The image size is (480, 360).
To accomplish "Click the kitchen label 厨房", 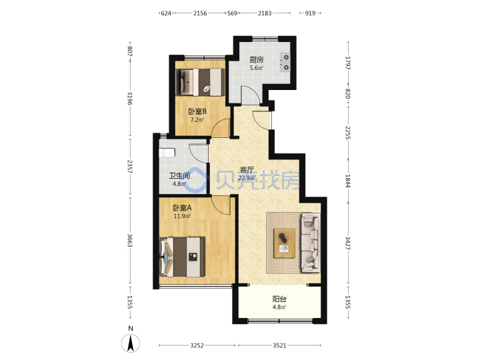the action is tap(256, 59).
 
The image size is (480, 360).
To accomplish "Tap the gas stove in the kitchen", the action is tap(285, 62).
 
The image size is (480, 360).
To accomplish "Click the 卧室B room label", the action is tap(197, 111).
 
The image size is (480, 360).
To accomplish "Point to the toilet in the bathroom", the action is tap(167, 152).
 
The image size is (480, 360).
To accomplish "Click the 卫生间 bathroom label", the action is tap(179, 176).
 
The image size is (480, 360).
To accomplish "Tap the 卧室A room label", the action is tap(182, 208).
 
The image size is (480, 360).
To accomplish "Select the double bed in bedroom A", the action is tap(182, 257).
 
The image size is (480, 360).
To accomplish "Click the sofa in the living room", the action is tap(311, 243).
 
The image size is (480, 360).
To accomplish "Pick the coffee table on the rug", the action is tap(285, 243).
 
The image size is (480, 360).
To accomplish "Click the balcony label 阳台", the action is tap(279, 299).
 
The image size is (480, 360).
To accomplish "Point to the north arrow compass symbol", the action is tap(131, 343).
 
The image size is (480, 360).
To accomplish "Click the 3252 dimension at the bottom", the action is tap(197, 345).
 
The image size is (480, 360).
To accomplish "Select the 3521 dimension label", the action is tap(279, 345).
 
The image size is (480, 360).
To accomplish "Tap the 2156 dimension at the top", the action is tap(200, 13).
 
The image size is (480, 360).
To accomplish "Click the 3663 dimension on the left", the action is tap(130, 241).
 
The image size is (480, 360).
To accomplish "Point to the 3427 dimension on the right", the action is tap(348, 243).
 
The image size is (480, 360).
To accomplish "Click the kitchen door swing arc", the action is tap(251, 95).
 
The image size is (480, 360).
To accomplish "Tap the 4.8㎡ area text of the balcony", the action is tap(279, 307).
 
